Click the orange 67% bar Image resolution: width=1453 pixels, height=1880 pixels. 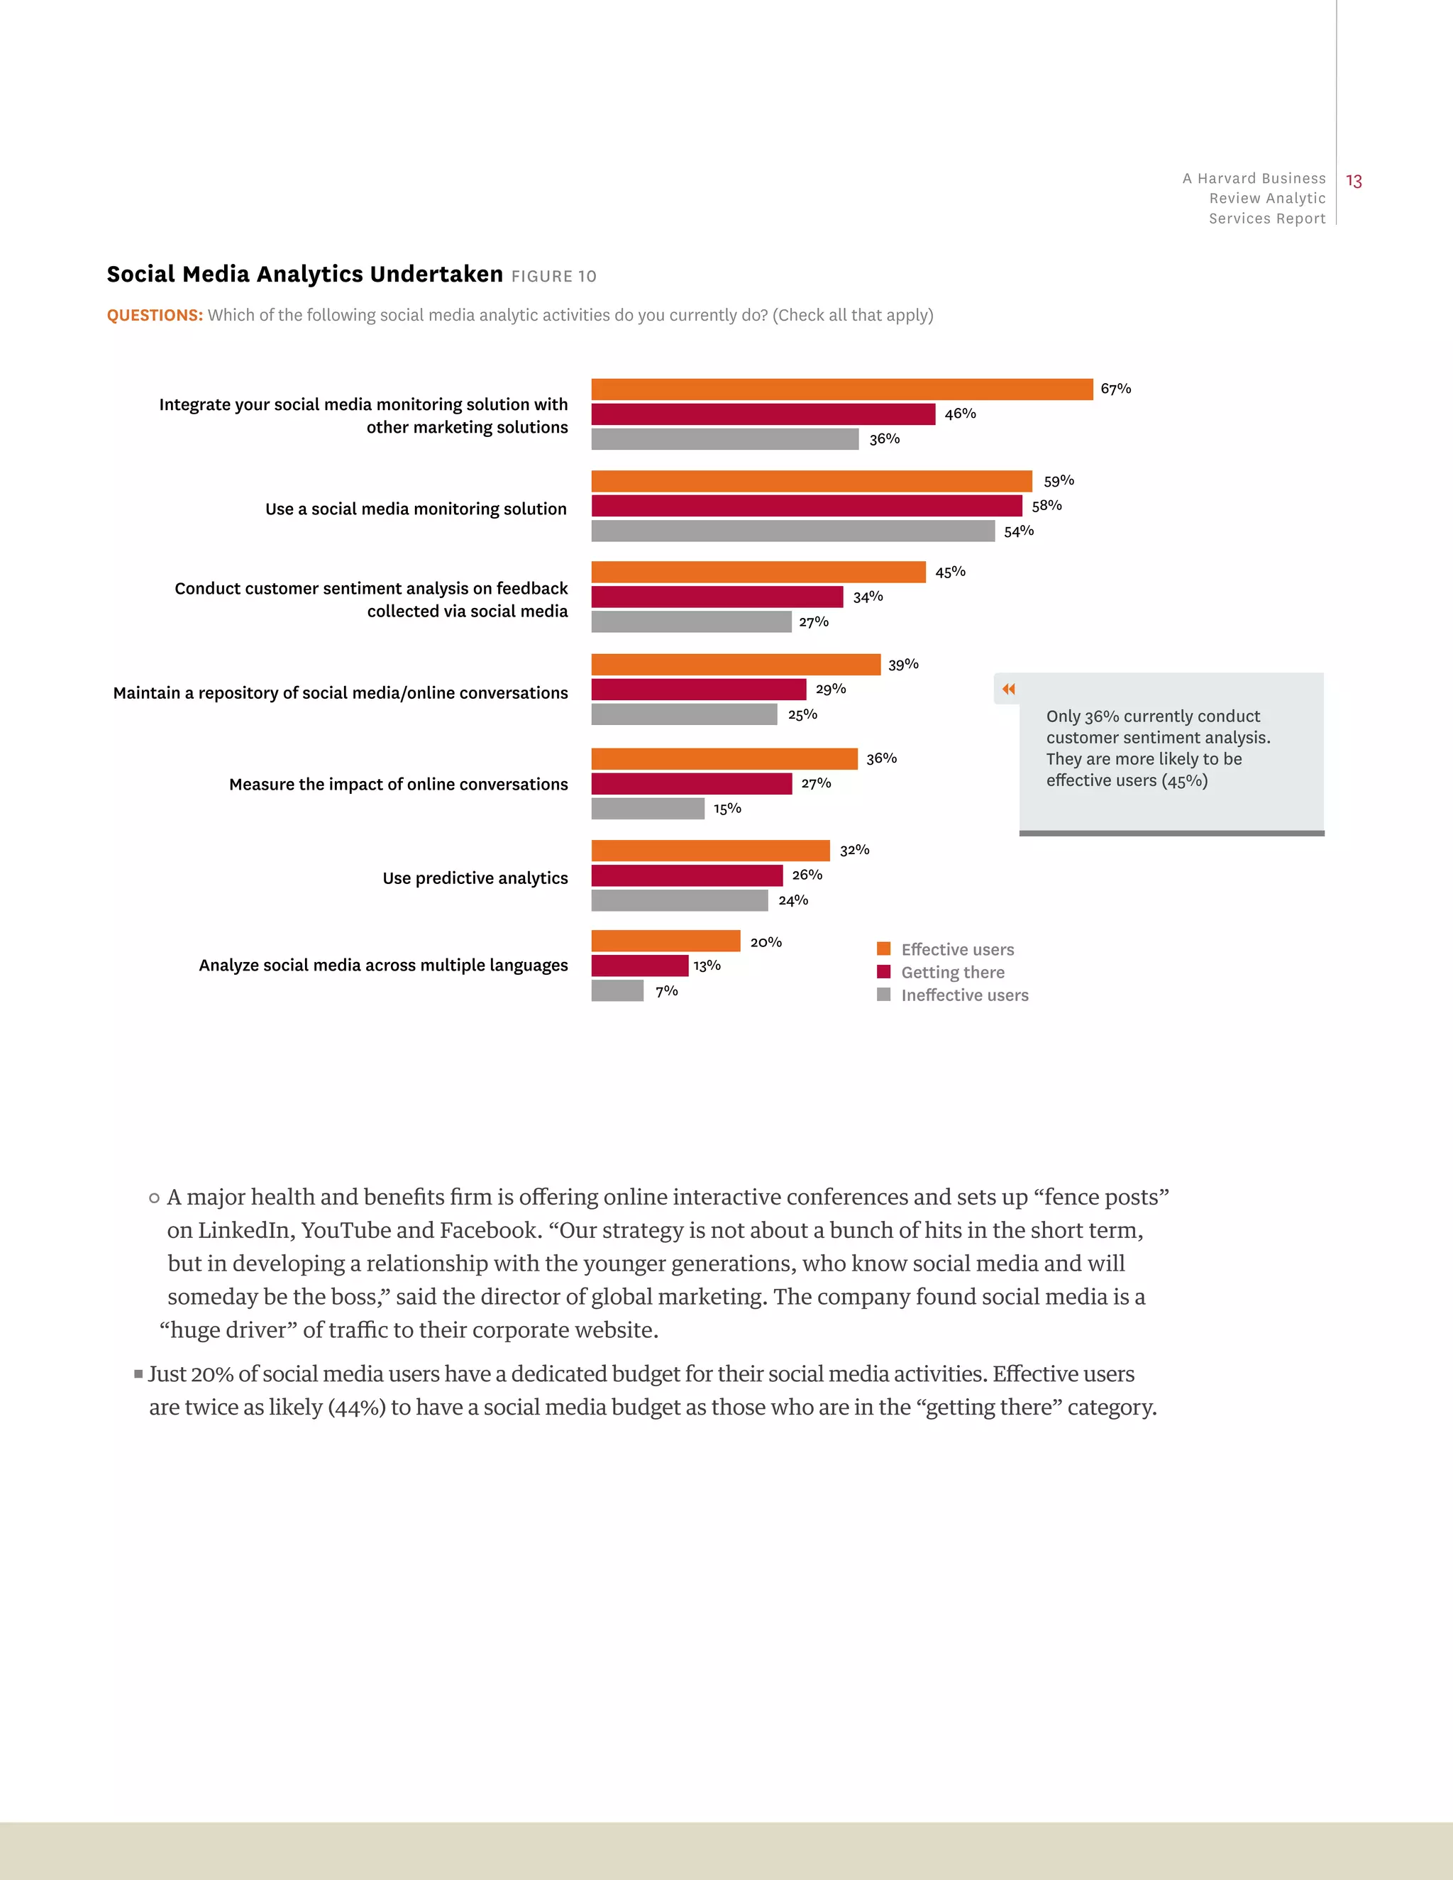pos(842,389)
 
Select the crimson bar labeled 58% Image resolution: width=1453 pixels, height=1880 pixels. pos(807,505)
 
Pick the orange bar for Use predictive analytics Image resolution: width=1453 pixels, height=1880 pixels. pos(710,851)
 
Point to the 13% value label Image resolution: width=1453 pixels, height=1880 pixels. pos(707,966)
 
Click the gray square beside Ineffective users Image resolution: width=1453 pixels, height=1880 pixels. pos(883,994)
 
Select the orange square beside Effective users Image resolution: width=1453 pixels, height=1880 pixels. pos(883,949)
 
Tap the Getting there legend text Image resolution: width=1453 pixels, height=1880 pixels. pos(952,972)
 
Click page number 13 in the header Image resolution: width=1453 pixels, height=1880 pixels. pos(1353,181)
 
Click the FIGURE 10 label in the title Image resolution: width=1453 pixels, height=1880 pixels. pos(553,276)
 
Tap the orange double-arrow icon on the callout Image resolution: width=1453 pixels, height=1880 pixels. pos(1008,689)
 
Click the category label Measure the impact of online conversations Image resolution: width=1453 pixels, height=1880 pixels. pos(398,784)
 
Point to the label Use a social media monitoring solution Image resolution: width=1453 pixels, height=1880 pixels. pos(416,509)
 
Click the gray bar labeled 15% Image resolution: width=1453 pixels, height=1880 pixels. pos(647,808)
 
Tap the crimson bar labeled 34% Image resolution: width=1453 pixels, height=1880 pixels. pos(717,597)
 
